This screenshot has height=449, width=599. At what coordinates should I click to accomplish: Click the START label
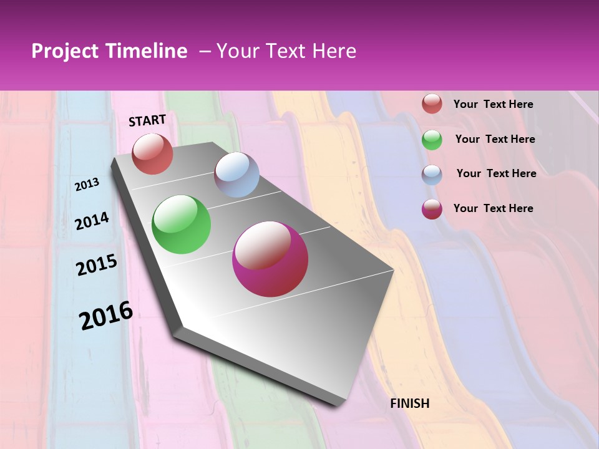147,120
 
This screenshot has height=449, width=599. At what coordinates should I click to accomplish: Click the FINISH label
410,403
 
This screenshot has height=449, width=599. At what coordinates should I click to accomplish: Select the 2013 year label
87,185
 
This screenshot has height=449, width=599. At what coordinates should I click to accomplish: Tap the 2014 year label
92,221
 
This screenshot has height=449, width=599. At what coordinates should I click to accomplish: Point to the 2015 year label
97,265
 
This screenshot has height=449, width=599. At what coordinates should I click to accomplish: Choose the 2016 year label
106,316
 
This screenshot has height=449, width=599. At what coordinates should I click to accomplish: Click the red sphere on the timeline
152,153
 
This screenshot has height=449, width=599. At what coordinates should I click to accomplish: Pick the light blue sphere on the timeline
236,175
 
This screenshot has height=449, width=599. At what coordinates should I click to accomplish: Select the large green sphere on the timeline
182,224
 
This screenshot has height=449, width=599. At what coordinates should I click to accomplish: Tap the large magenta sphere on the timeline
270,259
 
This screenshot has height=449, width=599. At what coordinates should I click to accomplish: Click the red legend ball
432,104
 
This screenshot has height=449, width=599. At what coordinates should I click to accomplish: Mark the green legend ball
432,140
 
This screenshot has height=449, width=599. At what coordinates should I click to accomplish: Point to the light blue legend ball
432,175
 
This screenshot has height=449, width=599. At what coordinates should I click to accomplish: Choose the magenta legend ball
432,209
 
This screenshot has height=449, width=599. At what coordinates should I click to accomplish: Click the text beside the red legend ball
494,105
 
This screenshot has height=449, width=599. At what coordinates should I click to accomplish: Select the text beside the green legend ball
495,140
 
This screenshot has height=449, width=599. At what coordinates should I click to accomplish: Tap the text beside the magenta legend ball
494,208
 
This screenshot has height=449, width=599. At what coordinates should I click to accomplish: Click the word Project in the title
65,51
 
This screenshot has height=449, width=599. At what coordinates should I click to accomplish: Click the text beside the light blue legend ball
497,173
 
